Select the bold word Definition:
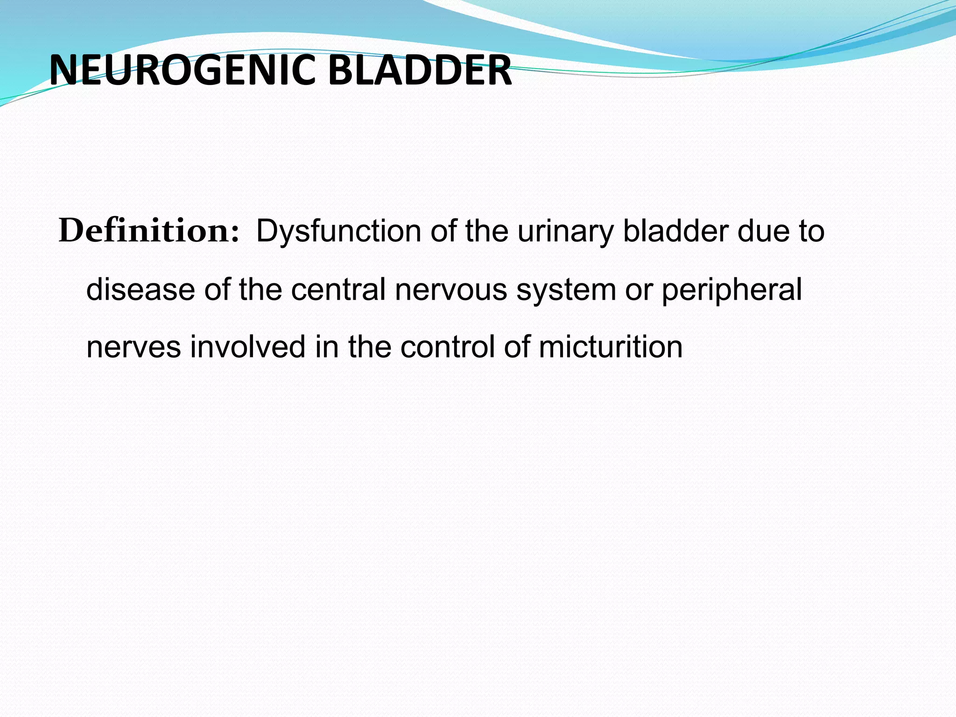pos(148,231)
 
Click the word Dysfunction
pos(338,232)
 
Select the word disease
pos(141,289)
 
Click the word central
pos(338,289)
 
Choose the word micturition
pos(611,347)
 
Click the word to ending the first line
pos(811,232)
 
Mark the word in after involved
pos(327,347)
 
